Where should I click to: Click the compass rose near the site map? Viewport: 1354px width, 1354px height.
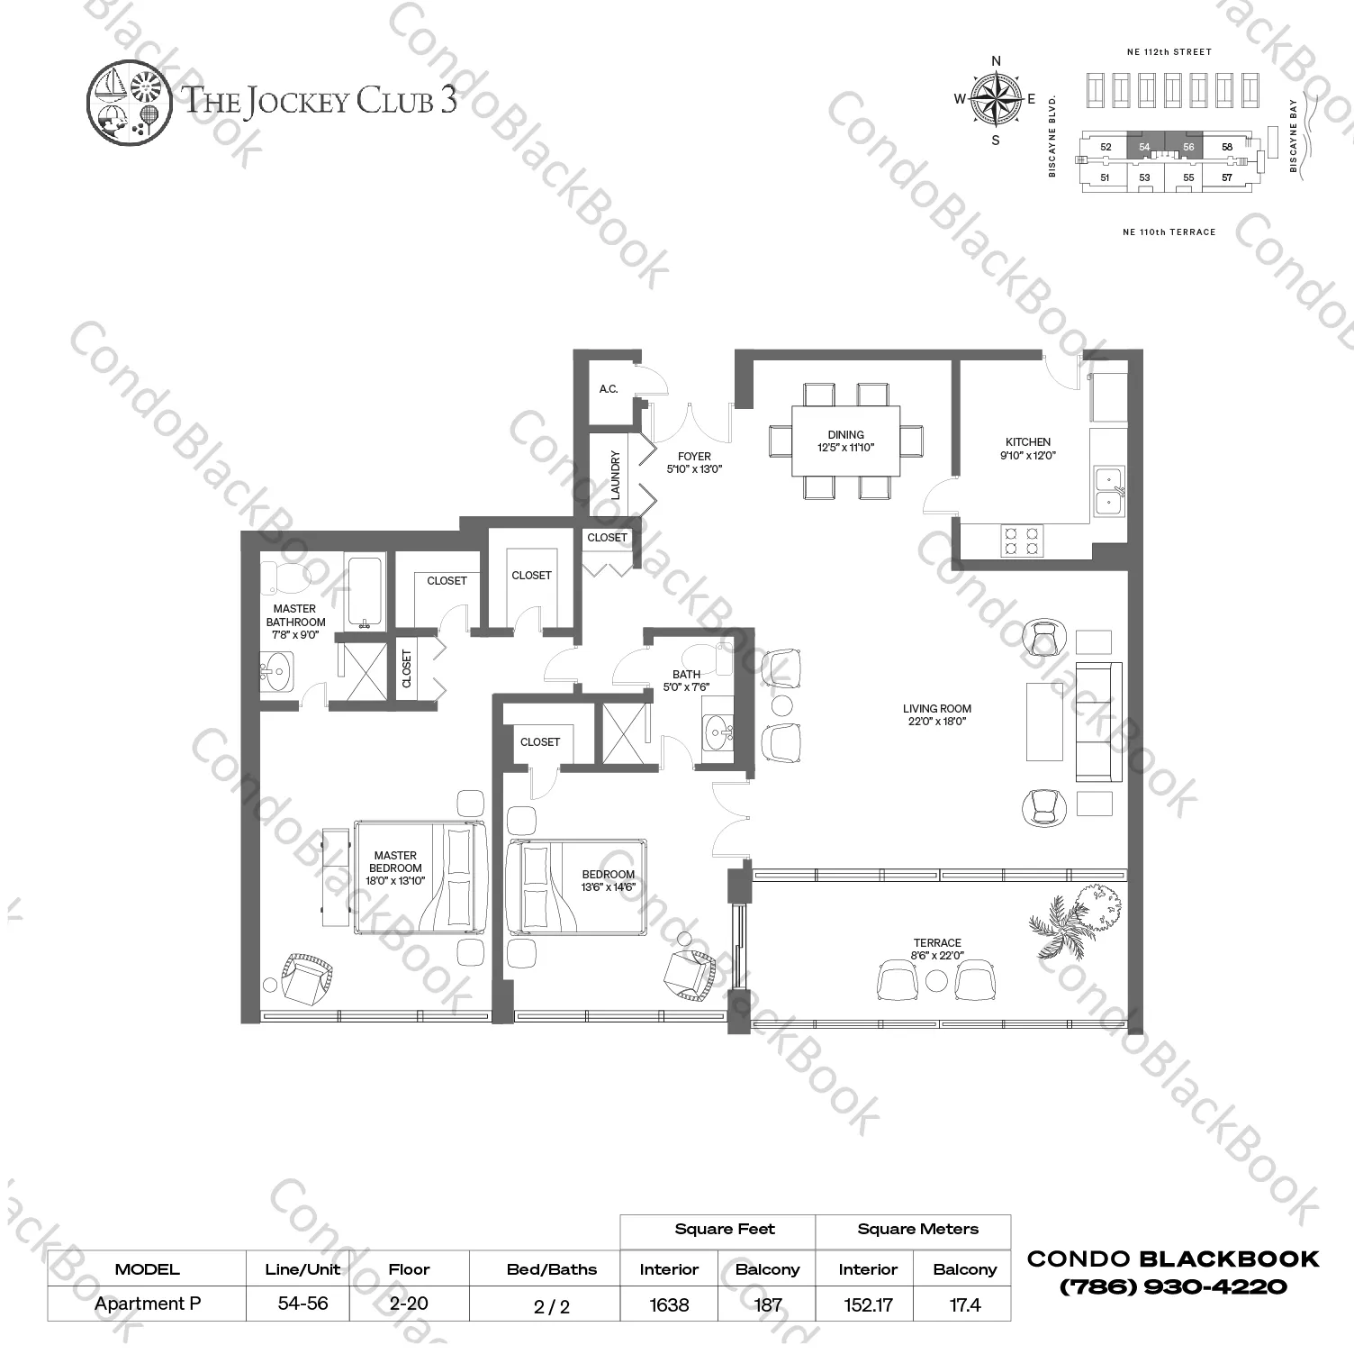point(996,99)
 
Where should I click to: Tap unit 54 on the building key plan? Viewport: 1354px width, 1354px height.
point(1144,147)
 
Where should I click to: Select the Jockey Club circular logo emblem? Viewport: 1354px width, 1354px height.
point(129,100)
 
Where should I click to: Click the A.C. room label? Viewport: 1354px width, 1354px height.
point(609,389)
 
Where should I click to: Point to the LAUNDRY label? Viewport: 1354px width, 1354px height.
point(616,475)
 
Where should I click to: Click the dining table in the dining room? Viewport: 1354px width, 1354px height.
point(845,441)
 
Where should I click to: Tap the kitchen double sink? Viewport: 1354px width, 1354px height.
point(1108,491)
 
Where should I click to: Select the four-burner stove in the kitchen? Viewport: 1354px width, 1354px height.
point(1021,541)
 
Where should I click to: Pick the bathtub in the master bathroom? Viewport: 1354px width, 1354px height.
point(366,591)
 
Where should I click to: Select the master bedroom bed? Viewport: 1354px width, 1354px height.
point(420,877)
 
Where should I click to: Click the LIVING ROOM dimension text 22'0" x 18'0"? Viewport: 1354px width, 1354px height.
point(937,722)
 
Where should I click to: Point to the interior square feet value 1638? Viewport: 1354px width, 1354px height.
point(669,1304)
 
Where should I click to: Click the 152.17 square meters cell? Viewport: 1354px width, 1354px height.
point(868,1304)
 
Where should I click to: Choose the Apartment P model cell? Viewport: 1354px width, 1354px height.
point(147,1304)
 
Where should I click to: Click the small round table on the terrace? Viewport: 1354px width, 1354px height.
point(937,980)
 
